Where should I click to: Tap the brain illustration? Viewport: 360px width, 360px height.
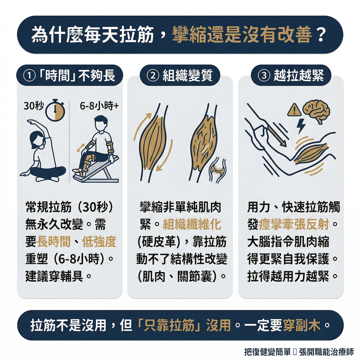pos(316,112)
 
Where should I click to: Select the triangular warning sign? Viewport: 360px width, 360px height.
pos(294,110)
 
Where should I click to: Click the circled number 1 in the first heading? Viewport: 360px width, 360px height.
pos(29,76)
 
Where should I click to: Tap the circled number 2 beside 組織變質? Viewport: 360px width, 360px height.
pos(153,76)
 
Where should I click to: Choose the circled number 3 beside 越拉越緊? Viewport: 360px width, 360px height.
pos(264,76)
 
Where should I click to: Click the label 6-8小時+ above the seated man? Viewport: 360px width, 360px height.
pos(99,106)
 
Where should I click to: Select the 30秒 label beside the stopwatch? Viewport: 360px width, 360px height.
pos(34,106)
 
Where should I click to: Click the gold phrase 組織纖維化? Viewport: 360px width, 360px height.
pos(192,224)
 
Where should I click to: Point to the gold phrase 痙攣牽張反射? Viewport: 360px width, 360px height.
pos(294,224)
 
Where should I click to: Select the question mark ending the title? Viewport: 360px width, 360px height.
pos(321,35)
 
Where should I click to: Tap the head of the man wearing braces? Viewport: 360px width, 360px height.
pos(101,123)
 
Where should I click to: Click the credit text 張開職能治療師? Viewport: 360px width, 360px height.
pos(326,351)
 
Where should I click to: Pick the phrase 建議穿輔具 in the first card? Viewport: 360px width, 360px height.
pos(54,276)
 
